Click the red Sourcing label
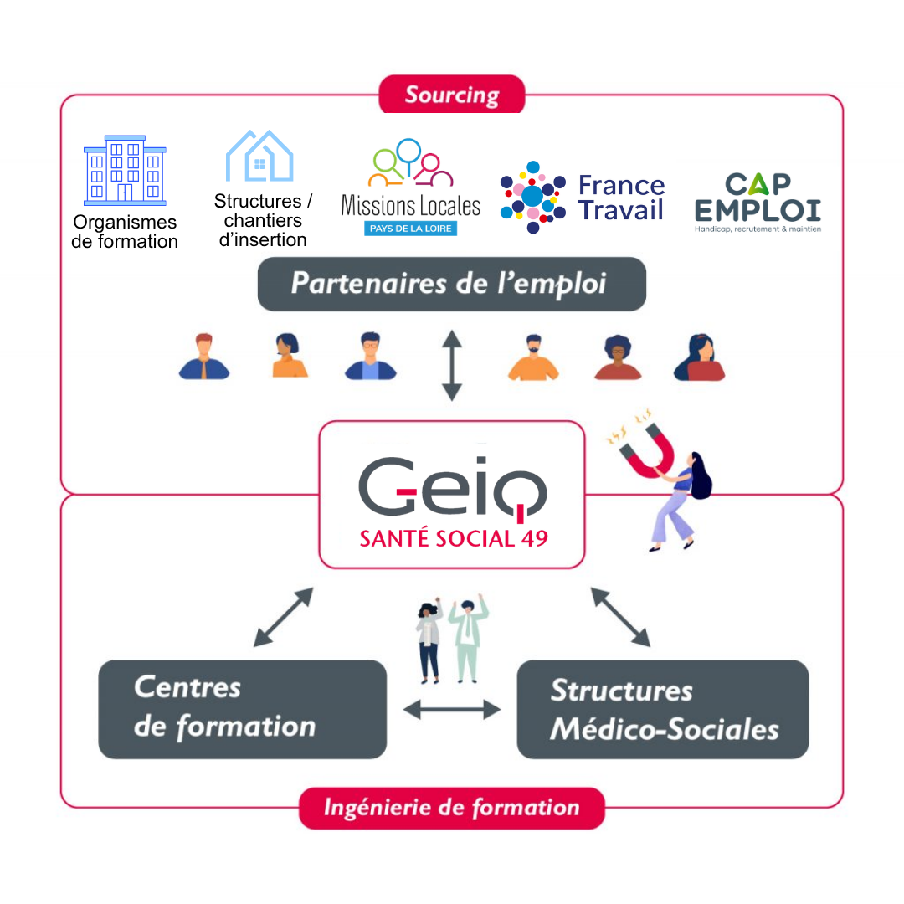click(452, 94)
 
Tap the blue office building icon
click(125, 171)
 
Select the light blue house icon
click(259, 156)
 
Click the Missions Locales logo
click(410, 187)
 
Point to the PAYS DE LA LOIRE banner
click(410, 229)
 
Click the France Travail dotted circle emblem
click(532, 198)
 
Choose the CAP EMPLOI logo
click(758, 202)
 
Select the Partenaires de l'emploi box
click(452, 284)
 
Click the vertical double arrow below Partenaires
click(452, 366)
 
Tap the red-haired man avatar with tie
click(204, 357)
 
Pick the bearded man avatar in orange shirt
click(533, 357)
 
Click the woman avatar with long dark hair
click(699, 357)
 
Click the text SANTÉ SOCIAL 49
click(454, 538)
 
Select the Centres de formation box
click(242, 709)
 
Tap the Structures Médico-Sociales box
click(662, 709)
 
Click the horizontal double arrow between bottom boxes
click(452, 710)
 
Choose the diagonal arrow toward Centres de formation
click(284, 617)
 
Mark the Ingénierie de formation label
click(452, 808)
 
